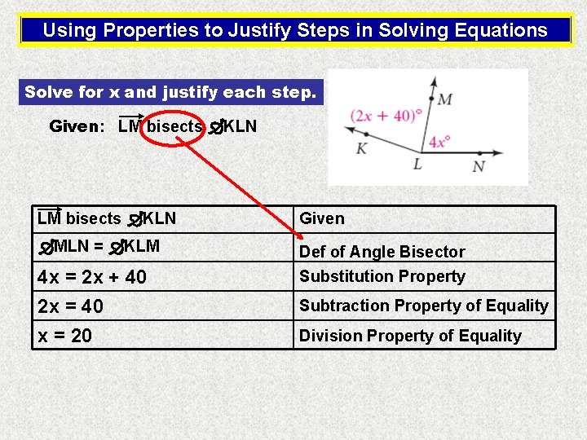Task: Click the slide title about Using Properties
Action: tap(294, 31)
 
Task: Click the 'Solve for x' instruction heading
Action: tap(170, 92)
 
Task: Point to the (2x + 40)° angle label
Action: tap(386, 116)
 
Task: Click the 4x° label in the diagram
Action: tap(439, 141)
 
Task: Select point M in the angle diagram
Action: tap(445, 99)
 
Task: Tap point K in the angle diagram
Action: tap(361, 149)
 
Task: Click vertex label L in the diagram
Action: tap(417, 165)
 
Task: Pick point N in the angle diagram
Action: tap(479, 166)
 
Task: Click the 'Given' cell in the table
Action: tap(322, 218)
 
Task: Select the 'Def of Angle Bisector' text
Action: tap(382, 252)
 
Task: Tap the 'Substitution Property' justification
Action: tap(382, 276)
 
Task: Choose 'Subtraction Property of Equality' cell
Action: tap(423, 306)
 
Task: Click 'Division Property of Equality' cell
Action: tap(410, 336)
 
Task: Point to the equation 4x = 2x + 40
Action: tap(92, 277)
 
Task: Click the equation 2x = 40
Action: tap(70, 306)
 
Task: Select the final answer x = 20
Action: tap(64, 336)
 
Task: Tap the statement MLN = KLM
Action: tap(99, 245)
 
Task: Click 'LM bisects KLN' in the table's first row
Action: tap(106, 218)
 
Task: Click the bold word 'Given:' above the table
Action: tap(77, 126)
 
